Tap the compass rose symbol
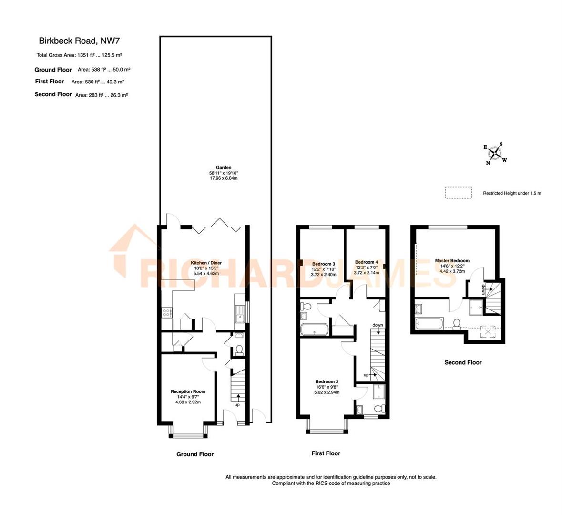click(496, 154)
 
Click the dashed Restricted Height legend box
click(458, 193)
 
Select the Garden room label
click(224, 168)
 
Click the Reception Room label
click(188, 391)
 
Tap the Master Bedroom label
click(452, 261)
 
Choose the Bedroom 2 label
click(327, 382)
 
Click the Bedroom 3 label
click(323, 264)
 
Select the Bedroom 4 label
click(366, 262)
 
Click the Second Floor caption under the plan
click(463, 362)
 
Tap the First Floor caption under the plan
click(326, 453)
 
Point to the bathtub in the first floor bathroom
click(314, 330)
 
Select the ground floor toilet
click(239, 350)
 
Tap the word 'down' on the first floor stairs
click(378, 325)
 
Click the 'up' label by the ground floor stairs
click(237, 405)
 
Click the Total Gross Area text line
click(80, 55)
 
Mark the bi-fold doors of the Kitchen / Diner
click(217, 226)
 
